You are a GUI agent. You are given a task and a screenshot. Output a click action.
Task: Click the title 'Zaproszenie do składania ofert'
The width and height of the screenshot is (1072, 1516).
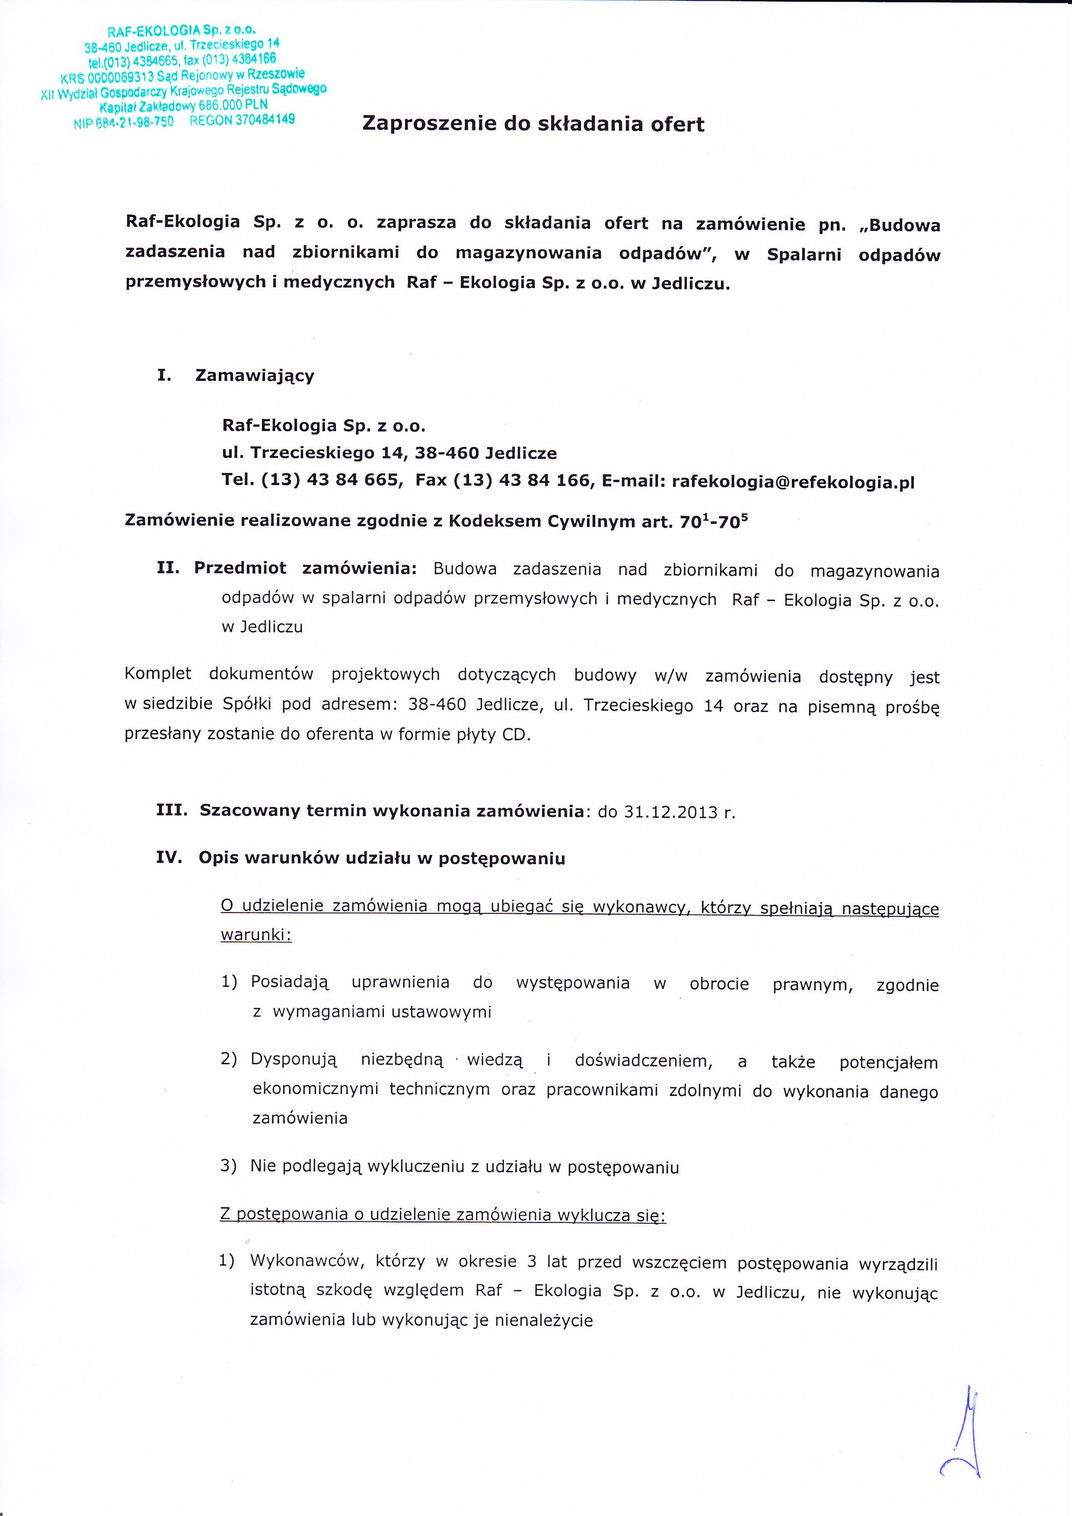534,125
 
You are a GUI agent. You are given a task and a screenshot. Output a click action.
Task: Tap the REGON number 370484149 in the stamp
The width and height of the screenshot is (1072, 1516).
241,120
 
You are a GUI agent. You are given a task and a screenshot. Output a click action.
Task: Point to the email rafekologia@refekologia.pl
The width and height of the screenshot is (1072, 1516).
792,482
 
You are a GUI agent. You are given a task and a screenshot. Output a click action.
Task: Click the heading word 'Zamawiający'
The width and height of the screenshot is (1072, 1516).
255,377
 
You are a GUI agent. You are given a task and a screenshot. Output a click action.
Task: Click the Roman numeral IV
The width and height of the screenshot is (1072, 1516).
169,859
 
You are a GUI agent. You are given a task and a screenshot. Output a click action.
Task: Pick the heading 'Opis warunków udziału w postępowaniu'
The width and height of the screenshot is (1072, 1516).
381,859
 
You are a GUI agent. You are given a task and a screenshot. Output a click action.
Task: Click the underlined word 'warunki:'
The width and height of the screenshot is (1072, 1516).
256,936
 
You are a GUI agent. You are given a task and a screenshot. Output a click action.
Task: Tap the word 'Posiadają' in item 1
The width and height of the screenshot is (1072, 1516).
289,982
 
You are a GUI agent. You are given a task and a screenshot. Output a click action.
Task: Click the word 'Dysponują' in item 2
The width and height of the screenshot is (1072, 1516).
293,1061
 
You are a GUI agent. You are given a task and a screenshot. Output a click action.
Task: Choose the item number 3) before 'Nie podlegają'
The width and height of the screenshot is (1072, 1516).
229,1166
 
